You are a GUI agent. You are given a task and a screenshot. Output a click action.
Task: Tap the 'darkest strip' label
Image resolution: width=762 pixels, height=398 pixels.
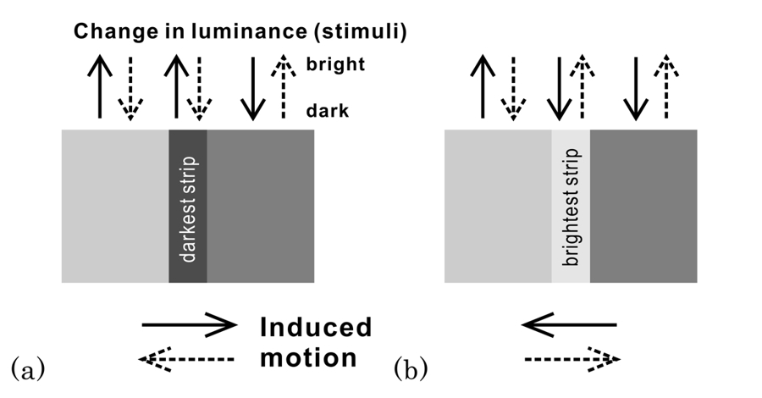point(189,207)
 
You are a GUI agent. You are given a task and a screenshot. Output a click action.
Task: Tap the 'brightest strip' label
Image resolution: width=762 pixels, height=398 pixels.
point(571,207)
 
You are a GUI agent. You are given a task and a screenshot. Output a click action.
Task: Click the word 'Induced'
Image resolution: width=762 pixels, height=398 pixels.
point(315,327)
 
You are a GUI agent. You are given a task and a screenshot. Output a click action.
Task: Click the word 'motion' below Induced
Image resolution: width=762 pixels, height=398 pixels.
point(308,358)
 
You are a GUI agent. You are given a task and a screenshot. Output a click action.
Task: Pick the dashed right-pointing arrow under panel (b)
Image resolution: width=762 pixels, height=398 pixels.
point(572,361)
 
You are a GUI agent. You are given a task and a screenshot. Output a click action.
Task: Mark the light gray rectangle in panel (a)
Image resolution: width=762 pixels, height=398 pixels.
point(115,207)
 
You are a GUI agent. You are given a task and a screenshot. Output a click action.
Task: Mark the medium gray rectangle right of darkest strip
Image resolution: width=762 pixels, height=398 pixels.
point(261,207)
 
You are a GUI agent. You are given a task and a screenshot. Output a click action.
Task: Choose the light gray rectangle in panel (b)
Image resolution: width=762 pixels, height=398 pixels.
point(498,207)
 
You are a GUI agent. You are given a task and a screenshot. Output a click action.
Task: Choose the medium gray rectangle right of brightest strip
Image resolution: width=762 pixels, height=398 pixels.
point(643,207)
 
